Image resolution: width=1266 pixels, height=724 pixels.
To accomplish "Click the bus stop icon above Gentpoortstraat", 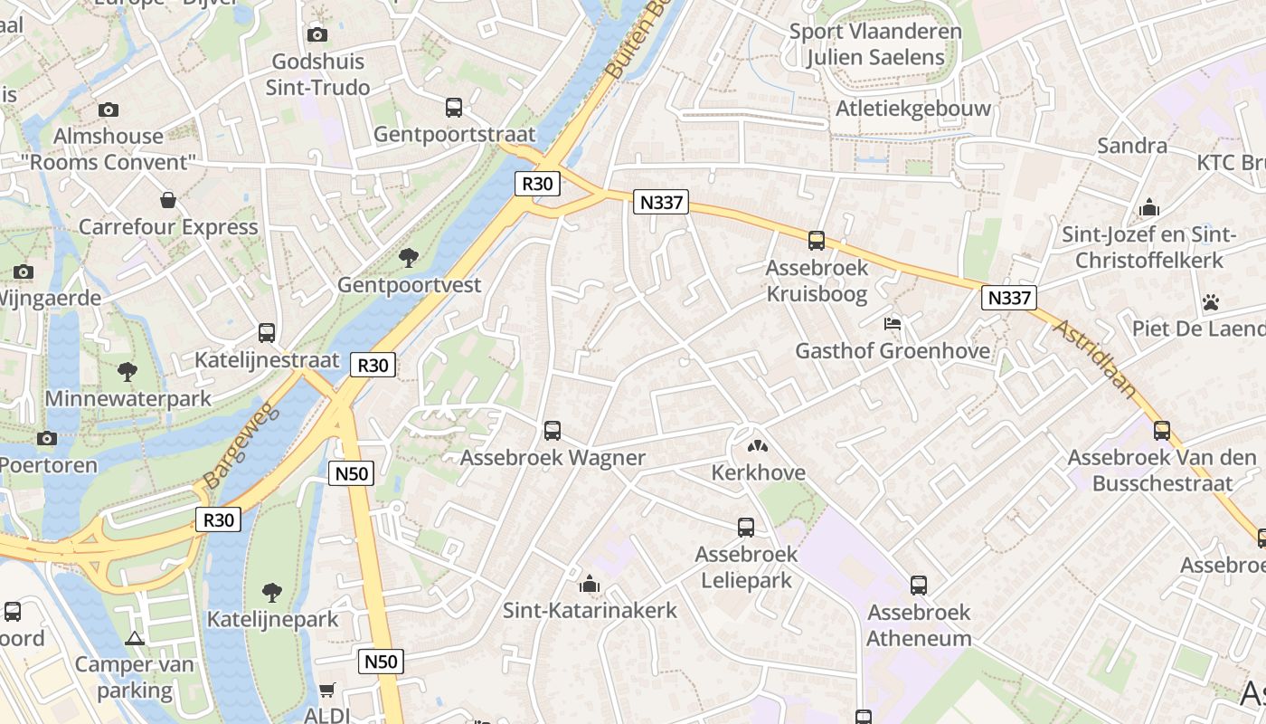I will tap(454, 108).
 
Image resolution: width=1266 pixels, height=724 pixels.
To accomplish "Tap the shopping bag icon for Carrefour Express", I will tap(168, 200).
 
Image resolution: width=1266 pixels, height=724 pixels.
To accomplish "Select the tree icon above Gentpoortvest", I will tap(409, 258).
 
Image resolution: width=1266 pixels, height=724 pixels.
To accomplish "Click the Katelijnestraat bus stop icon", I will tap(267, 333).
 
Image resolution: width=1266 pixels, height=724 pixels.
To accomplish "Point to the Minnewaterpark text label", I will tap(128, 398).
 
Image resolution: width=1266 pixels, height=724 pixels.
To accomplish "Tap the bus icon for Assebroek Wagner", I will tap(553, 431).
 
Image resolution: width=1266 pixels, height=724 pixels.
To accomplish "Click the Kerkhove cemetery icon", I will tap(756, 445).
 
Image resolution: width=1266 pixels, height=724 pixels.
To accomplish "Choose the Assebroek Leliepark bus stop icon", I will tap(746, 527).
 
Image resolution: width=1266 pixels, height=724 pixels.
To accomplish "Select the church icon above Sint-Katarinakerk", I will tap(590, 583).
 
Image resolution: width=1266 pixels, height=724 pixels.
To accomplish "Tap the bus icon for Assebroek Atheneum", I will tap(919, 585).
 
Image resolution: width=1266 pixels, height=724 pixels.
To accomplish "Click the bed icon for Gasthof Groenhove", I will tap(893, 323).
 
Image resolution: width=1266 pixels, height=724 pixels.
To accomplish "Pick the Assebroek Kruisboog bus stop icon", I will tap(817, 241).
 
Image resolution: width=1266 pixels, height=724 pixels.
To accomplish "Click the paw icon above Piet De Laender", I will tap(1211, 301).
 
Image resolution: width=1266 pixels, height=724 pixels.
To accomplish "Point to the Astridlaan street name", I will tap(1094, 357).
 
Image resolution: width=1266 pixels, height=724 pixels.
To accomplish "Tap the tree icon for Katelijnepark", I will tap(271, 593).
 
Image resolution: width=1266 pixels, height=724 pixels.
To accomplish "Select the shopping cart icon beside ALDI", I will tap(327, 690).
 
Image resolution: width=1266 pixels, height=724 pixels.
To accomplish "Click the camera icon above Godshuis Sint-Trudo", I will tap(317, 34).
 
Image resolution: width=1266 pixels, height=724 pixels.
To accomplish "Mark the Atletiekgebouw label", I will tap(913, 109).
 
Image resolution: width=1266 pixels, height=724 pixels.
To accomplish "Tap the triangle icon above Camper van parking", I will tap(135, 638).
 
